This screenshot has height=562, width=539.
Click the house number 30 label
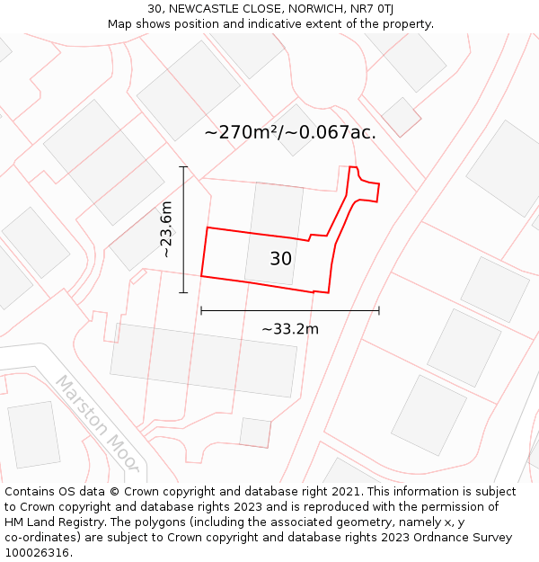pyautogui.click(x=280, y=259)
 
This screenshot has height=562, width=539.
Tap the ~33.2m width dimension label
pyautogui.click(x=290, y=329)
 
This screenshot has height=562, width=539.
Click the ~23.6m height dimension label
pyautogui.click(x=166, y=229)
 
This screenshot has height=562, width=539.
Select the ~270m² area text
pyautogui.click(x=242, y=132)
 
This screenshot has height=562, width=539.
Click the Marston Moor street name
pyautogui.click(x=98, y=422)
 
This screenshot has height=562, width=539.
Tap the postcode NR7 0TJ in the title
pyautogui.click(x=373, y=9)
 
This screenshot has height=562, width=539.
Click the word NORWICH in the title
pyautogui.click(x=314, y=9)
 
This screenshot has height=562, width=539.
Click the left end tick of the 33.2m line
pyautogui.click(x=201, y=310)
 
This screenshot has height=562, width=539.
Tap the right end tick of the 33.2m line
pyautogui.click(x=379, y=310)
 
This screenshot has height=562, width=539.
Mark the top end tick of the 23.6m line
pyautogui.click(x=183, y=167)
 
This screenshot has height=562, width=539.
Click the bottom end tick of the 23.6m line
pyautogui.click(x=183, y=292)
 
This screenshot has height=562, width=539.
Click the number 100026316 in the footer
pyautogui.click(x=37, y=553)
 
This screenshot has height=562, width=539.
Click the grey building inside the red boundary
pyautogui.click(x=274, y=233)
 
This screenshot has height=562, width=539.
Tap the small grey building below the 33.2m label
pyautogui.click(x=255, y=433)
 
